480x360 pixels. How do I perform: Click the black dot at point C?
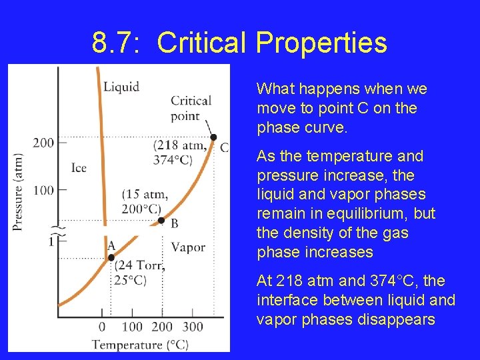[213, 138]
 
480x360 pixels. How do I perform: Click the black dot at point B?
[161, 220]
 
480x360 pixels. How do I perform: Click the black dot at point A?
[111, 257]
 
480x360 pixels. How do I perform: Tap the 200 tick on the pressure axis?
[62, 142]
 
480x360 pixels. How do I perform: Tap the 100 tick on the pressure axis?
[62, 190]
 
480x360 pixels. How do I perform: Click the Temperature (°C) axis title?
[140, 344]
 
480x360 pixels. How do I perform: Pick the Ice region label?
[79, 167]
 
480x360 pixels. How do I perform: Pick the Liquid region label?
[121, 87]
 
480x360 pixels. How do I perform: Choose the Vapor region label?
[188, 247]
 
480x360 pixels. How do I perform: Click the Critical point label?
[191, 108]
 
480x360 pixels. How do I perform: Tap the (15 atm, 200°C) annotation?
[145, 201]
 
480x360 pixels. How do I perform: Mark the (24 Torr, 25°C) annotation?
[139, 273]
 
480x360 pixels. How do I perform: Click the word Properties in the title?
[321, 43]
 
